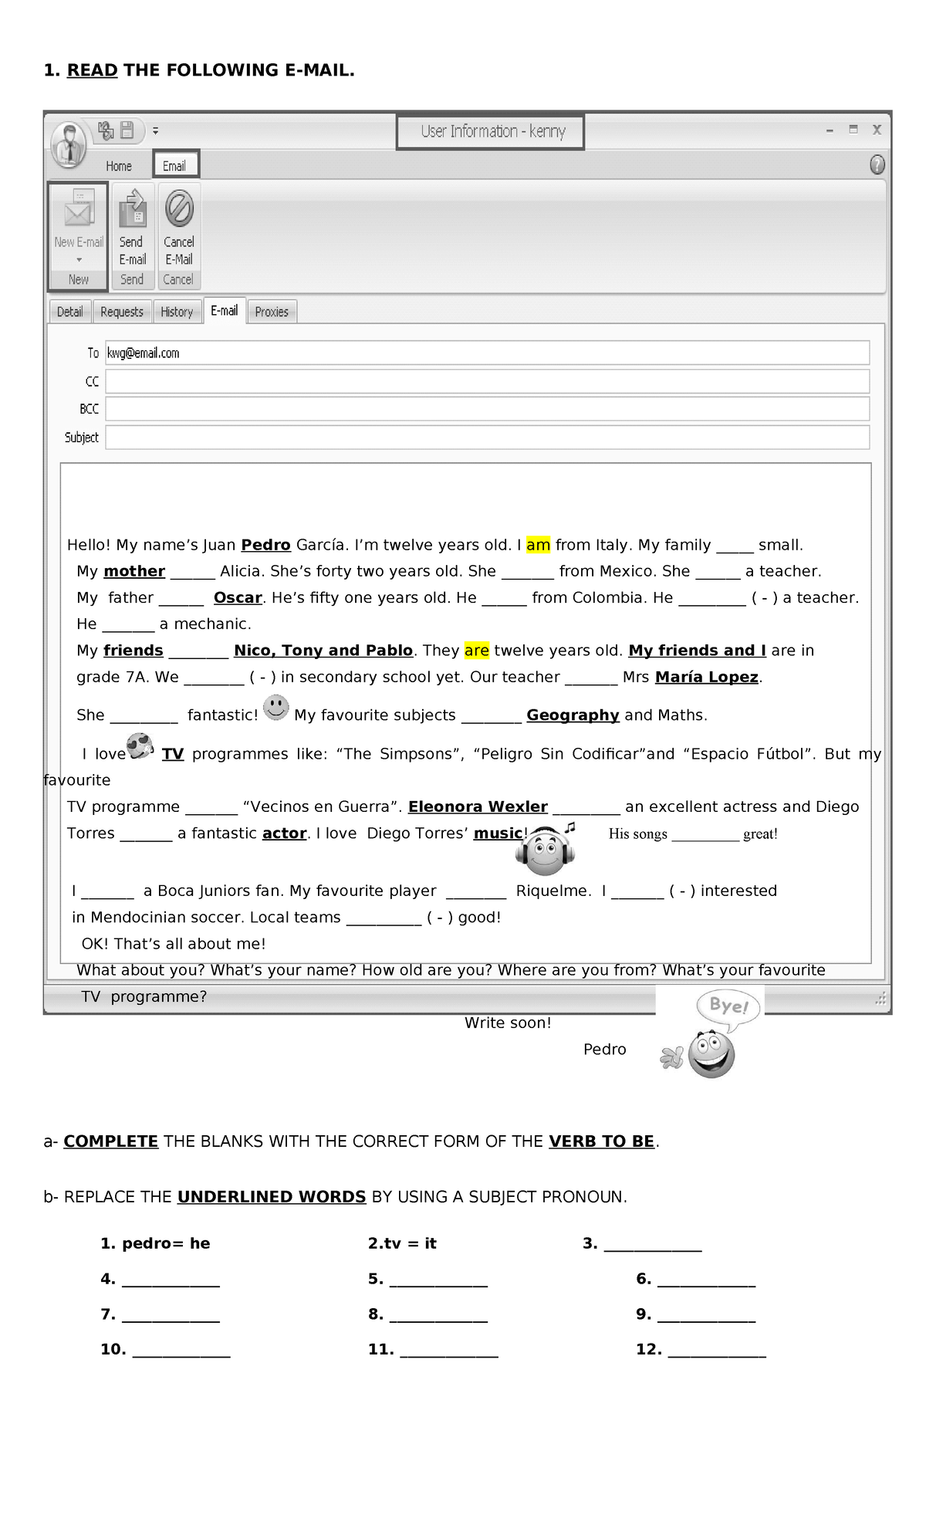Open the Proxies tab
point(272,312)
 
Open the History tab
point(177,312)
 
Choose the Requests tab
point(122,312)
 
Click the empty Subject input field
point(487,438)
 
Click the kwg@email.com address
point(144,353)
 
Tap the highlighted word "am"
point(538,545)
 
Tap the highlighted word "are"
point(476,651)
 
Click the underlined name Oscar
point(238,598)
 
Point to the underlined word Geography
point(573,715)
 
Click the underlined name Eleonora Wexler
point(478,807)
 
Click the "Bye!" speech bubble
point(728,1006)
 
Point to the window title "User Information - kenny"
point(492,132)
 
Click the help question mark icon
point(877,165)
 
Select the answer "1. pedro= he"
point(155,1243)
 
